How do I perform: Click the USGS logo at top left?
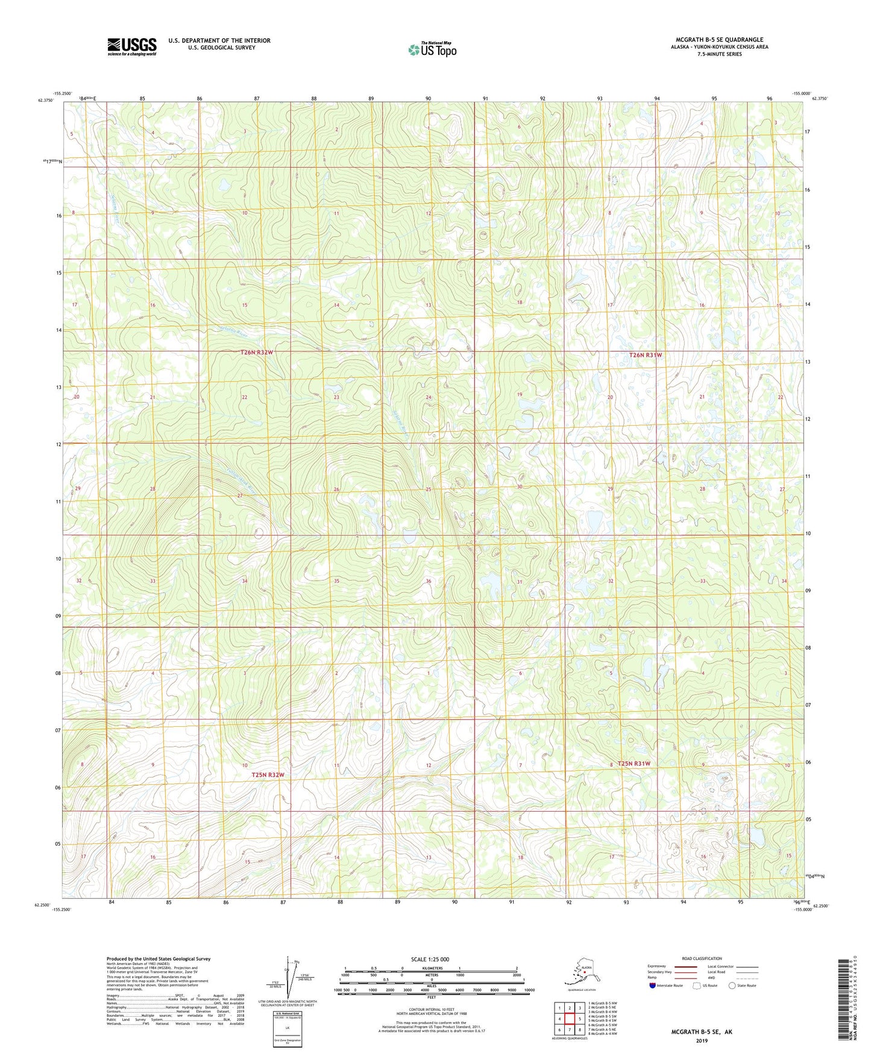click(131, 46)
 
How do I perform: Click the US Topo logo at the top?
click(432, 49)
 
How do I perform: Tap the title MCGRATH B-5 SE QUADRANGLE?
click(719, 40)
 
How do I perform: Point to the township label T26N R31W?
click(646, 355)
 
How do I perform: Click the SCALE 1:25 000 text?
click(430, 959)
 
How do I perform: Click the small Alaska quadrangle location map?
click(582, 975)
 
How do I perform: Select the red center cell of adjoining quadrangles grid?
click(569, 1019)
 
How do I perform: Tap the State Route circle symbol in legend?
click(732, 985)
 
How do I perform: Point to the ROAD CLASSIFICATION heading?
click(701, 958)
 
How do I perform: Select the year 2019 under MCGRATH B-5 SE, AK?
click(701, 1040)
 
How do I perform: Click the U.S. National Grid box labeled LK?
click(287, 1026)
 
